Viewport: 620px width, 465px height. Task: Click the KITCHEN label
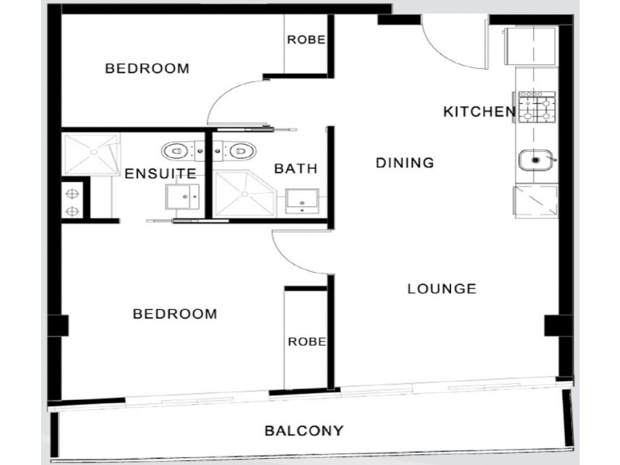pos(479,112)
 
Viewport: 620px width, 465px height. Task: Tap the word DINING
pos(404,163)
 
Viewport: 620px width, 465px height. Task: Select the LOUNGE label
pos(441,289)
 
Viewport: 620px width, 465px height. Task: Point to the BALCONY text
pos(304,430)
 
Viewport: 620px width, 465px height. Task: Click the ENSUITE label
pos(160,174)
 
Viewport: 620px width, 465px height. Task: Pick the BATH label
pos(296,168)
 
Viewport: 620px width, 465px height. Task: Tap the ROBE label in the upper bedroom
pos(305,40)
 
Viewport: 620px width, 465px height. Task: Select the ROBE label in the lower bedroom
pos(306,341)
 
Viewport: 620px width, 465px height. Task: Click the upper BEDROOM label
pos(147,68)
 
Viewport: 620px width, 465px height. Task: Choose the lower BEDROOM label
pos(174,314)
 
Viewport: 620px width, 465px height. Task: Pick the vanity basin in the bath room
pos(301,200)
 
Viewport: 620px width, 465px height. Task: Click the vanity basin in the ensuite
pos(184,197)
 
